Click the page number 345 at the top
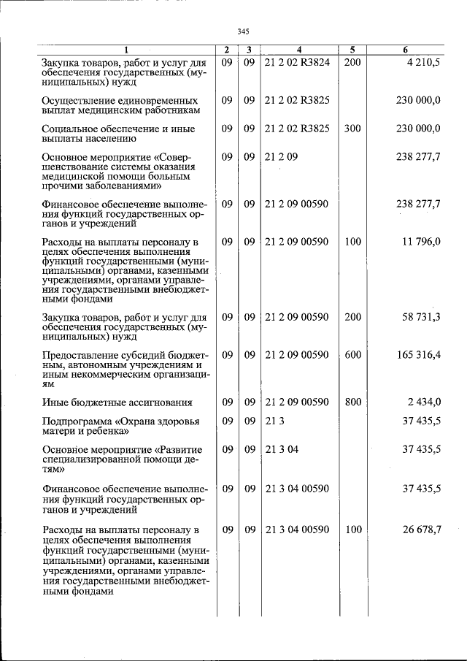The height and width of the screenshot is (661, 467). tap(244, 31)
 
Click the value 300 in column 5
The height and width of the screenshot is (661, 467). tap(352, 129)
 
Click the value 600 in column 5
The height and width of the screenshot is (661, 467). tap(352, 355)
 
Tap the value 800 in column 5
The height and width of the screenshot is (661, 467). tap(352, 402)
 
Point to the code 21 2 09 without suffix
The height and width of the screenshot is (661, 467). tap(282, 156)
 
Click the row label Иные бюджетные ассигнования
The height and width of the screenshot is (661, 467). tap(117, 402)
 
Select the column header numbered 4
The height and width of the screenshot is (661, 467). tap(299, 50)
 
